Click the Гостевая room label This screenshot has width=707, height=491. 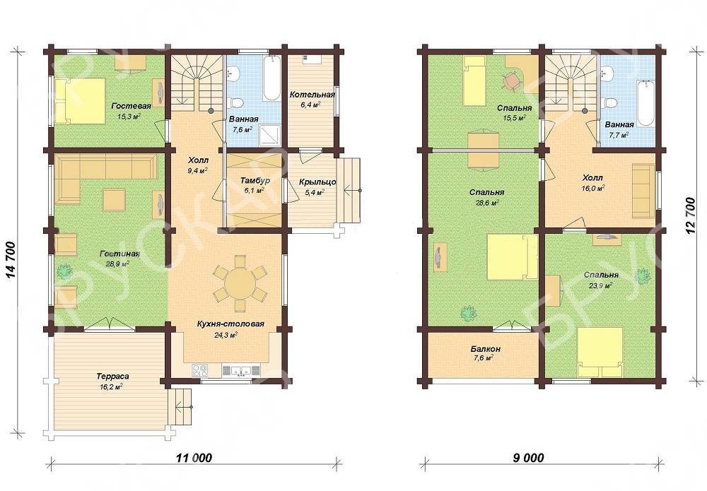(x=132, y=106)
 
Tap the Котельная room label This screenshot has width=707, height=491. (x=312, y=95)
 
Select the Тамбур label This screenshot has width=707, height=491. (x=255, y=181)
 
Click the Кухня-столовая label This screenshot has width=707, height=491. (x=230, y=324)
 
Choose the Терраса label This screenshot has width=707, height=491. (x=112, y=376)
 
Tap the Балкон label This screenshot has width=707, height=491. (x=485, y=349)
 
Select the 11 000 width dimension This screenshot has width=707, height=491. (x=194, y=458)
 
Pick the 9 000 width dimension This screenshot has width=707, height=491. (x=528, y=458)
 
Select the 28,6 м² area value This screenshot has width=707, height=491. (x=486, y=203)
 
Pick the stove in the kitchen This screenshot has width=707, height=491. (x=201, y=370)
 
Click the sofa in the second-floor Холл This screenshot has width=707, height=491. (x=643, y=189)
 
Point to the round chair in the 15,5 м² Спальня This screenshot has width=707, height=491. (x=512, y=81)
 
